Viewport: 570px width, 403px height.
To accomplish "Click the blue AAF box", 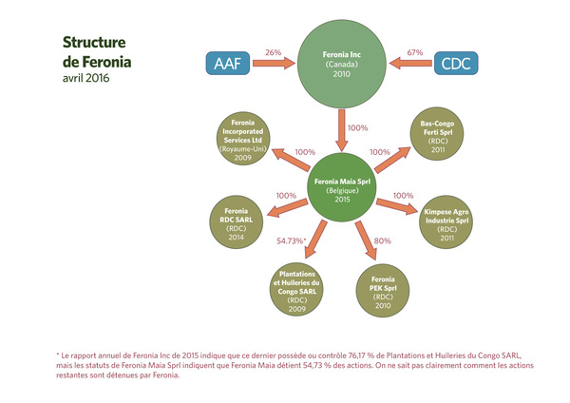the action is [x=228, y=64].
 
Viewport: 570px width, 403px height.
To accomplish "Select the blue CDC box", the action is [x=456, y=64].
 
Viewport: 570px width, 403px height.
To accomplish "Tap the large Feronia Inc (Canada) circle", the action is [x=342, y=64].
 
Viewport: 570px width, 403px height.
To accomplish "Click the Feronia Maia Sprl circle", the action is [x=342, y=187].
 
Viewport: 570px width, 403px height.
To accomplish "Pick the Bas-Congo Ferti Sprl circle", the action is [x=437, y=133].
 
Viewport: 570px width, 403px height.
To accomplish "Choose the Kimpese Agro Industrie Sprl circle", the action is [x=446, y=222].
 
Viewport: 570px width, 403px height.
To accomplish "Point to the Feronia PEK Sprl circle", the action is [x=383, y=291].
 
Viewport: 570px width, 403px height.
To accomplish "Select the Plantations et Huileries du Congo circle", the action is [x=296, y=290].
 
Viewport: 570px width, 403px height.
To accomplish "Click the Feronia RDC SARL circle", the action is [x=236, y=222].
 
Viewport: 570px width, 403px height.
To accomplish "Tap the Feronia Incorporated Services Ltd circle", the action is [x=243, y=138].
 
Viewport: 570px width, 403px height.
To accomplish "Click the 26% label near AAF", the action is [x=274, y=52].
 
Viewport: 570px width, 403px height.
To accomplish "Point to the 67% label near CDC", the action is [x=415, y=52].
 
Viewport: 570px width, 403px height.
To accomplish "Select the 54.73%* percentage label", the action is [x=292, y=240].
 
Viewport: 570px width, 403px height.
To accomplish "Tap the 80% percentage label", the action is [x=383, y=240].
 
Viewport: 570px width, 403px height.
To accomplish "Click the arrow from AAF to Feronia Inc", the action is [x=275, y=64].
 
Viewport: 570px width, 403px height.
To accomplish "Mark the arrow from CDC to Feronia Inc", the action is [x=410, y=64].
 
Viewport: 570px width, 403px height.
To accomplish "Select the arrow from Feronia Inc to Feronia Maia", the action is [x=341, y=130].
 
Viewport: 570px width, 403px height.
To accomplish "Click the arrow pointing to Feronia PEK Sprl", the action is [x=366, y=240].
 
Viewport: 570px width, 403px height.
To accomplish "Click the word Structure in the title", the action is [x=94, y=42].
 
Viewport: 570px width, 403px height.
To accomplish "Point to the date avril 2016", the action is [x=85, y=78].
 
